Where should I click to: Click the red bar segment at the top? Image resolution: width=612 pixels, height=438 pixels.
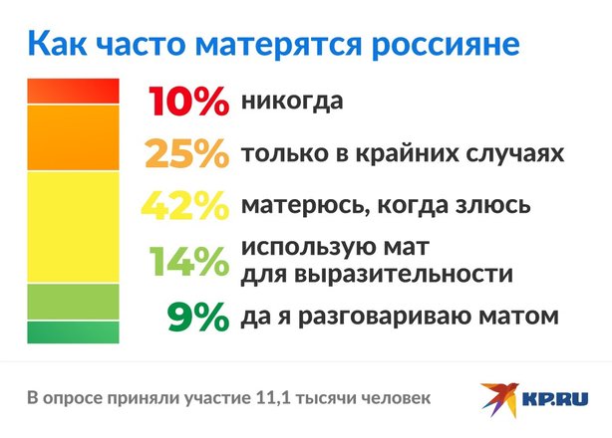(73, 92)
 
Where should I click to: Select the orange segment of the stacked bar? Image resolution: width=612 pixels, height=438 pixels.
(73, 137)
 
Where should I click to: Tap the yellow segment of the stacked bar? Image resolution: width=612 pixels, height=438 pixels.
(73, 227)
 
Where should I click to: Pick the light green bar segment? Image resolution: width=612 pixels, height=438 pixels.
(73, 302)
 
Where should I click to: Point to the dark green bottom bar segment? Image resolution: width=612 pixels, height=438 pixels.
(73, 332)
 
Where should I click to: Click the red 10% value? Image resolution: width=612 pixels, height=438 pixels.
(188, 102)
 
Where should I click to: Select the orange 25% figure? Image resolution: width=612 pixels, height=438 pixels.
(186, 153)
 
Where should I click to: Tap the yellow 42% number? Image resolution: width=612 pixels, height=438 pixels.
(185, 205)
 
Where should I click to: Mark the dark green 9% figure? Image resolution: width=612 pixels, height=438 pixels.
(198, 317)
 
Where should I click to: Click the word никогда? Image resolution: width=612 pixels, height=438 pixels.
(292, 101)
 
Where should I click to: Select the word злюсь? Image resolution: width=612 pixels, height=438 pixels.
(493, 205)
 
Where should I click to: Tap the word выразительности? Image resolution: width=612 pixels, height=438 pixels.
(404, 274)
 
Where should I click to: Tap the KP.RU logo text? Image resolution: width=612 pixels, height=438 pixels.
(555, 399)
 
